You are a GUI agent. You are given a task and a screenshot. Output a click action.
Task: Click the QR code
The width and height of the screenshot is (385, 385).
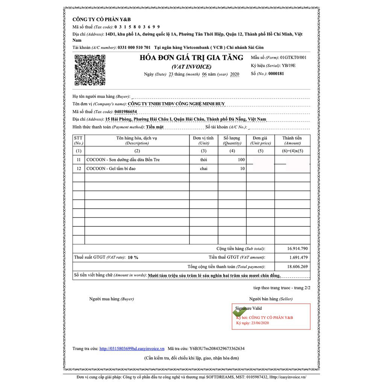(90, 70)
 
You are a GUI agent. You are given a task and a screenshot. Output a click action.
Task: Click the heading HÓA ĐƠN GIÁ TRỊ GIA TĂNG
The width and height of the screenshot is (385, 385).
(191, 58)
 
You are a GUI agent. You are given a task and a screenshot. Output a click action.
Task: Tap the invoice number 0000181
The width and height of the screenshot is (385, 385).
(276, 74)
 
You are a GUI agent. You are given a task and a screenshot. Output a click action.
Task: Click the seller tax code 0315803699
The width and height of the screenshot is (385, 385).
(137, 27)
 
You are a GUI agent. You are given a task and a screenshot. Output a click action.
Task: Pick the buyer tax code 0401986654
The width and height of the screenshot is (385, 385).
(121, 112)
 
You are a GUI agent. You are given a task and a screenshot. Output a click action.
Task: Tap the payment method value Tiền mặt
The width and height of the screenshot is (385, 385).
(155, 127)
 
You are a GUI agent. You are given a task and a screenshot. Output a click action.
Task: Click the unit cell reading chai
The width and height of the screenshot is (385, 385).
(203, 169)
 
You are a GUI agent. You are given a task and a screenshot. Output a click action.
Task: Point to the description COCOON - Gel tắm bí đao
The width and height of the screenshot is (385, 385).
(111, 169)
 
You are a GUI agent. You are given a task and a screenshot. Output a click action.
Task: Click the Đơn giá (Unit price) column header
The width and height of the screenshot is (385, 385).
(261, 140)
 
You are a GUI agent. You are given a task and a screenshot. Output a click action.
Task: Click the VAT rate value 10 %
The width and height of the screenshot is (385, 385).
(133, 258)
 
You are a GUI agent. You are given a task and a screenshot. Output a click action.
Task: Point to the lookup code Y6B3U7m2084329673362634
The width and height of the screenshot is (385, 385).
(212, 349)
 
